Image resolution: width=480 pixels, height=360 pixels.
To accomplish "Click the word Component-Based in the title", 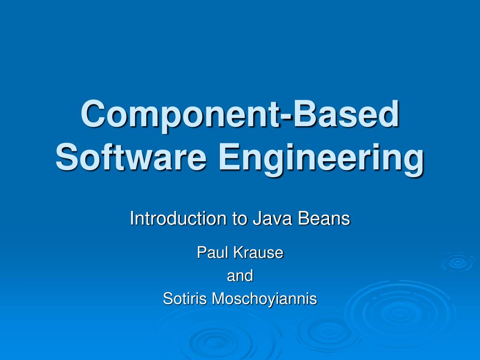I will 240,114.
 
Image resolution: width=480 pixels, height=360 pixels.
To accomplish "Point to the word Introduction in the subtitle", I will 178,218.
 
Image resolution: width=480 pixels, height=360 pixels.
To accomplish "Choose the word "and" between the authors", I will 240,276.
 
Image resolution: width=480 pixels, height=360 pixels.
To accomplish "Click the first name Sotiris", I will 185,299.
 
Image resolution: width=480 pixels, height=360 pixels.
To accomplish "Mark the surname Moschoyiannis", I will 264,299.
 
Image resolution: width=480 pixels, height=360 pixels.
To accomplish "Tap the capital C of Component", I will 92,114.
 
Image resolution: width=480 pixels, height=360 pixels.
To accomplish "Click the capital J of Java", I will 257,218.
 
